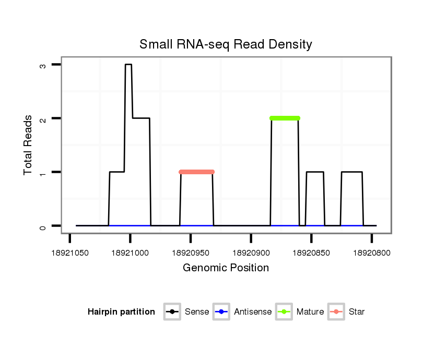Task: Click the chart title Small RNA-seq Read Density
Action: coord(226,44)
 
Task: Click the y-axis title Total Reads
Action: coord(28,145)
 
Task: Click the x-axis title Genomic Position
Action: coord(226,268)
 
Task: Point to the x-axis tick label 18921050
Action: coord(70,253)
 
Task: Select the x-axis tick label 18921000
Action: coord(131,253)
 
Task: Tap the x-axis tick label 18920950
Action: coord(191,253)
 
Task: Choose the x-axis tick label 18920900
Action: coord(251,253)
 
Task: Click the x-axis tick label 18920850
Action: coord(311,253)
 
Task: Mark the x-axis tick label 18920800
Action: coord(372,253)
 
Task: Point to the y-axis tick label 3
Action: coord(43,65)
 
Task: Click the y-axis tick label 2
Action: coord(43,118)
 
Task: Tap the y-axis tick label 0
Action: coord(43,226)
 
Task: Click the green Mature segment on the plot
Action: coord(285,118)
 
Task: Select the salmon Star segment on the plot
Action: coord(196,172)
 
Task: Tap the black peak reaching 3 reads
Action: coord(128,65)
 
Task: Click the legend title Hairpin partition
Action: coord(121,312)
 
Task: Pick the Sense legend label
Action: coord(197,312)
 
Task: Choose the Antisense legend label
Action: coord(253,312)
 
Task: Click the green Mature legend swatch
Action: coord(285,312)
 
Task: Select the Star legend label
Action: coord(357,312)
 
